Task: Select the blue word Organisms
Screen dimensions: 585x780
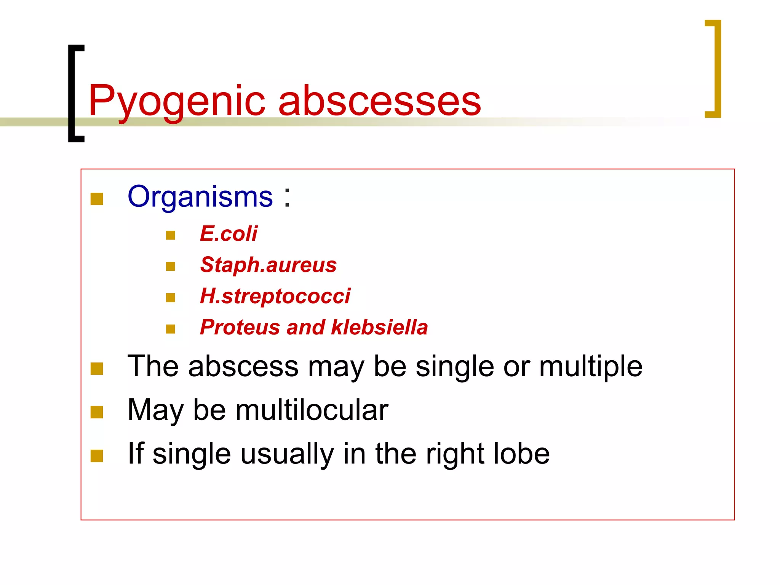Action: pyautogui.click(x=200, y=197)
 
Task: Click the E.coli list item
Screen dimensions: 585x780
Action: pyautogui.click(x=229, y=233)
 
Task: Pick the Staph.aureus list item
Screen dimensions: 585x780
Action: pyautogui.click(x=268, y=265)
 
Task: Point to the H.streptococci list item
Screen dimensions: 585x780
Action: pyautogui.click(x=275, y=296)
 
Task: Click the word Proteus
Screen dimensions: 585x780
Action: pyautogui.click(x=240, y=327)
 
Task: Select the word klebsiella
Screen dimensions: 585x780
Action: pyautogui.click(x=379, y=327)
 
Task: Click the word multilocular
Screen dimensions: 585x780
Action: pyautogui.click(x=312, y=410)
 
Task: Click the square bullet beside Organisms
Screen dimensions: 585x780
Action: pyautogui.click(x=97, y=199)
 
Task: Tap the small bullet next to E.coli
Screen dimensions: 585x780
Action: pyautogui.click(x=171, y=235)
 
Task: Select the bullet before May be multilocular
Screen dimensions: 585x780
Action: pyautogui.click(x=97, y=412)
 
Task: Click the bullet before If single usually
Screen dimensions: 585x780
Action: pyautogui.click(x=97, y=456)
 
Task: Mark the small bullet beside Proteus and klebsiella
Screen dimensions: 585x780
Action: pyautogui.click(x=171, y=329)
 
